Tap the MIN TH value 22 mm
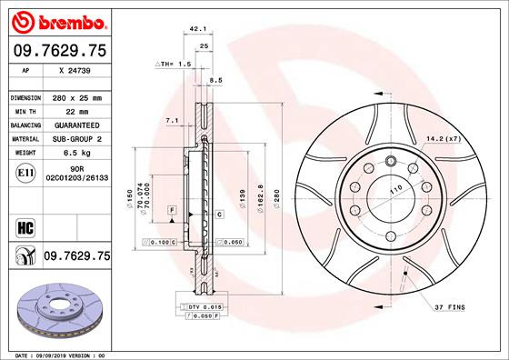pos(70,110)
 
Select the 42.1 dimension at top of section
pos(194,30)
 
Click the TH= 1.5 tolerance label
pos(175,65)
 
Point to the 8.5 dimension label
pos(215,81)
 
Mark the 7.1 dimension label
pos(172,120)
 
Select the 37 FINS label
pos(448,307)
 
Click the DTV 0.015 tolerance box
pos(202,308)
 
